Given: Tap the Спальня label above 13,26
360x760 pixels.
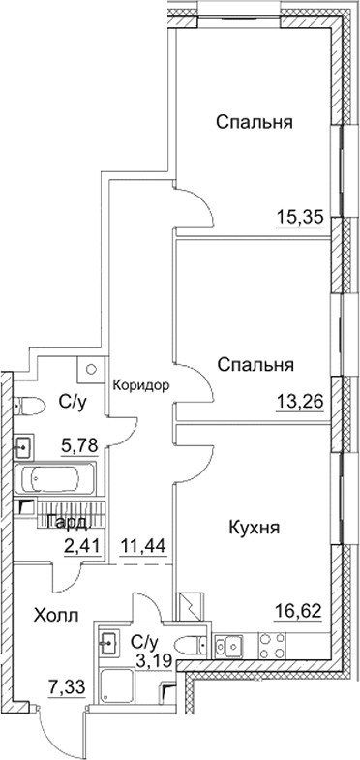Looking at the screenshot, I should pos(255,366).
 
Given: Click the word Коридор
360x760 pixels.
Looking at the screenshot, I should pos(141,384).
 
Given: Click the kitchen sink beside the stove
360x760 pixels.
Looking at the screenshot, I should pos(233,641).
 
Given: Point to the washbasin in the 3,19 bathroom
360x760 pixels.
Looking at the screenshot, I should pos(108,641).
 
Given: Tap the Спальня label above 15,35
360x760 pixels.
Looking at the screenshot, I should pos(255,123).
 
